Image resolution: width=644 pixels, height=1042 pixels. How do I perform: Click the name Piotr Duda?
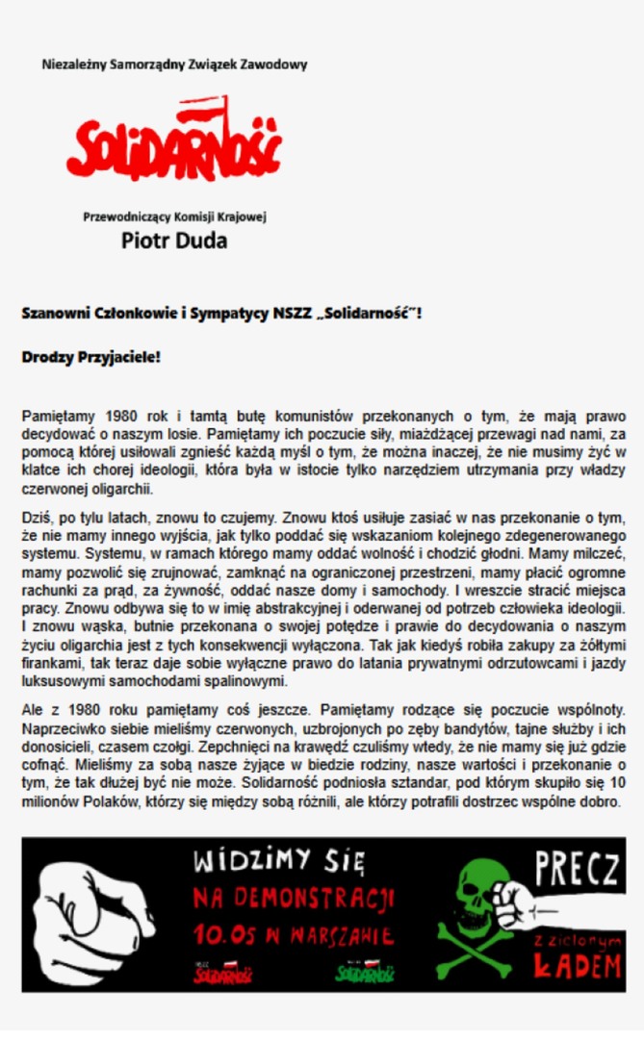tap(174, 241)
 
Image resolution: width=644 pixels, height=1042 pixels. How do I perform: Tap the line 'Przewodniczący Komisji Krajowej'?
tap(174, 216)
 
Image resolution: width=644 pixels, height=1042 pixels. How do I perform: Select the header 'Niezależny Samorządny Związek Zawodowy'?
tap(174, 64)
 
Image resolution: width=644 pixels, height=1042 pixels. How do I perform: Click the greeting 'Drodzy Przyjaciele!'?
tap(90, 357)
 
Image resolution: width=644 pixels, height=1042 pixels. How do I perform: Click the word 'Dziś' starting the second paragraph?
tap(37, 517)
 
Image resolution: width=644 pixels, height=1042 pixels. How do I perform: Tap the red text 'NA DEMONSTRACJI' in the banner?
tap(294, 900)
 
